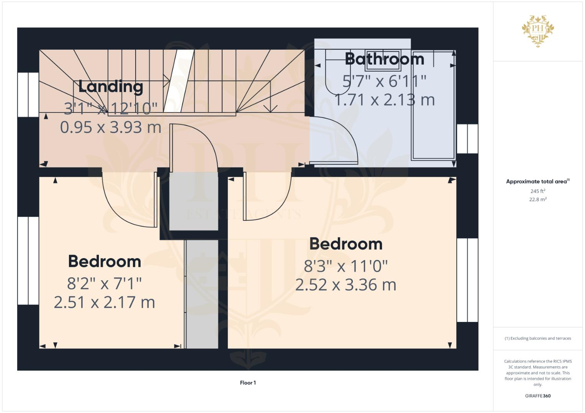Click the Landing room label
[x=110, y=86]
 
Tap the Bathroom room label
[x=384, y=59]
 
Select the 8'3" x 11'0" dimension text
[x=346, y=266]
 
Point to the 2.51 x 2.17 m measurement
[x=104, y=302]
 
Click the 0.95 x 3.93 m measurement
[x=110, y=127]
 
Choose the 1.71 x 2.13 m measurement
[x=384, y=100]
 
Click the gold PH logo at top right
[x=537, y=31]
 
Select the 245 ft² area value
[x=537, y=191]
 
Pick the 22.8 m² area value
[x=537, y=199]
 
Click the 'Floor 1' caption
[x=248, y=383]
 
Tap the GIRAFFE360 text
[x=537, y=396]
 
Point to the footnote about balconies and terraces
[x=537, y=338]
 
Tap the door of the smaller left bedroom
[x=130, y=203]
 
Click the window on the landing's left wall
[x=28, y=94]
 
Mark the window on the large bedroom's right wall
[x=467, y=280]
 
